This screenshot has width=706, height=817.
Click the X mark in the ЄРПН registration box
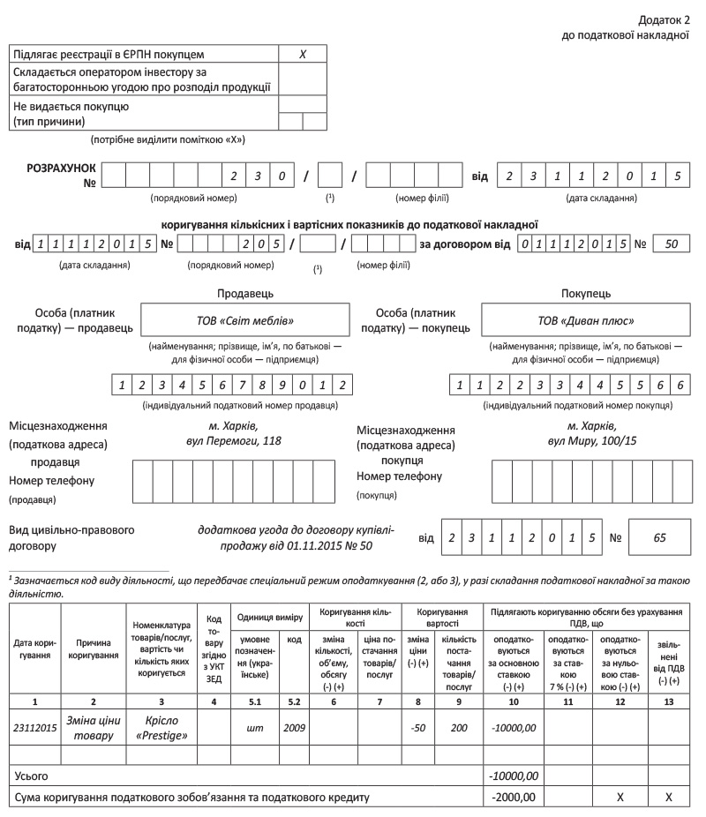tap(303, 54)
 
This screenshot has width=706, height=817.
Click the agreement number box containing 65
tap(660, 536)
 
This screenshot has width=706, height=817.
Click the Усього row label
tap(31, 775)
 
